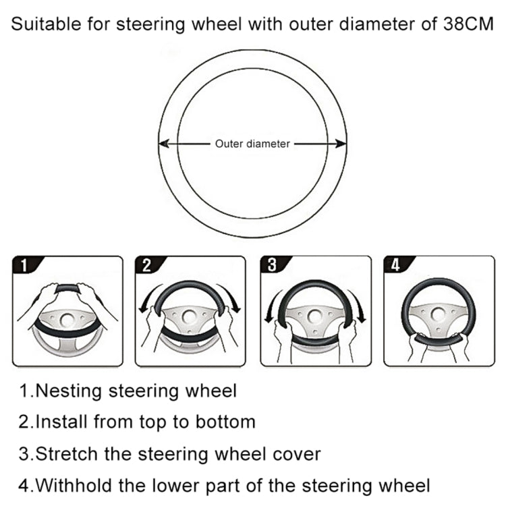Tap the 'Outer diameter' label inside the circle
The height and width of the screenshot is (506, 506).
(252, 144)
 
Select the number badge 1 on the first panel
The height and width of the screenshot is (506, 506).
(25, 265)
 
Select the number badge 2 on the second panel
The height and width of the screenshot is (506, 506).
(147, 265)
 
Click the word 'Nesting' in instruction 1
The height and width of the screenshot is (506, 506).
(70, 391)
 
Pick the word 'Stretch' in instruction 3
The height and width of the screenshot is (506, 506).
(67, 453)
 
